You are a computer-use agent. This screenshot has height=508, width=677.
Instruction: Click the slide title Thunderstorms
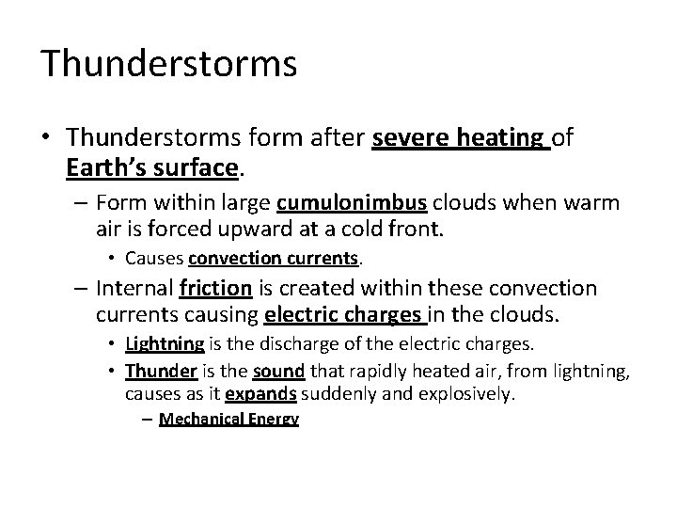[169, 64]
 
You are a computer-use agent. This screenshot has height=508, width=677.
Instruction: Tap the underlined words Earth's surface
[153, 168]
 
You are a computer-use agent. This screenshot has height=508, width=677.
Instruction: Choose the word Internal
[136, 288]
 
